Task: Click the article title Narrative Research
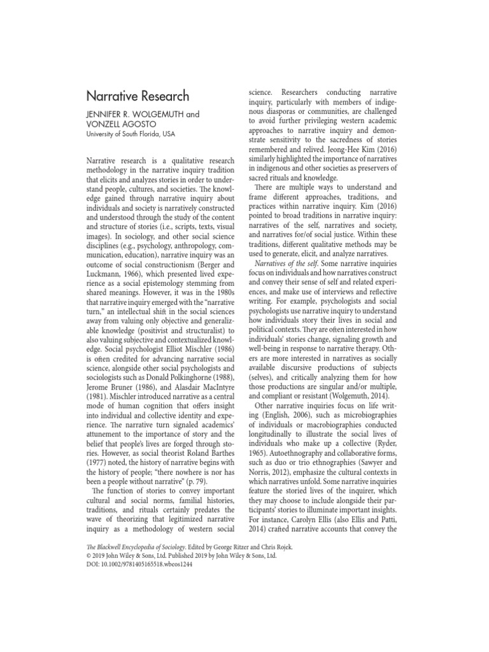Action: (138, 96)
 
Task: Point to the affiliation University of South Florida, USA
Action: (131, 135)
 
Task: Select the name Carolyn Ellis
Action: (316, 509)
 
